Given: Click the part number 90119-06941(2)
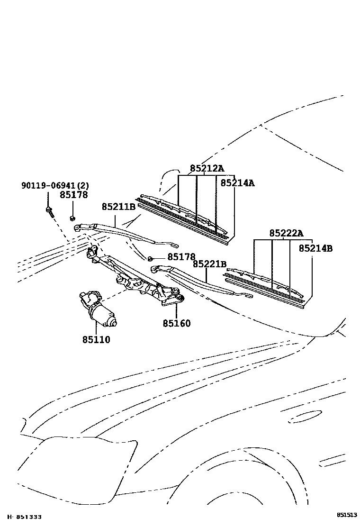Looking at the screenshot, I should click(54, 185).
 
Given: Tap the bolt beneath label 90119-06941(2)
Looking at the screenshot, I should click(49, 210).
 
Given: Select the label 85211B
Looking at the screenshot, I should click(118, 207).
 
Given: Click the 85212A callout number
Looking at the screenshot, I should click(207, 168).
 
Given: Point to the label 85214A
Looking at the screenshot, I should click(237, 183).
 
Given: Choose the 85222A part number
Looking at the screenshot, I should click(286, 233).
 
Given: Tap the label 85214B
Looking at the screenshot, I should click(315, 248).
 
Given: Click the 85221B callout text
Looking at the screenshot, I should click(209, 264).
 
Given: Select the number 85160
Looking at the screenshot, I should click(176, 323).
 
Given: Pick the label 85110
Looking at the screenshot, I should click(96, 339).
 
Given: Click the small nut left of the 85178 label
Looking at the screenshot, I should click(150, 258).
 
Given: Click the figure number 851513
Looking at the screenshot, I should click(347, 515).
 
